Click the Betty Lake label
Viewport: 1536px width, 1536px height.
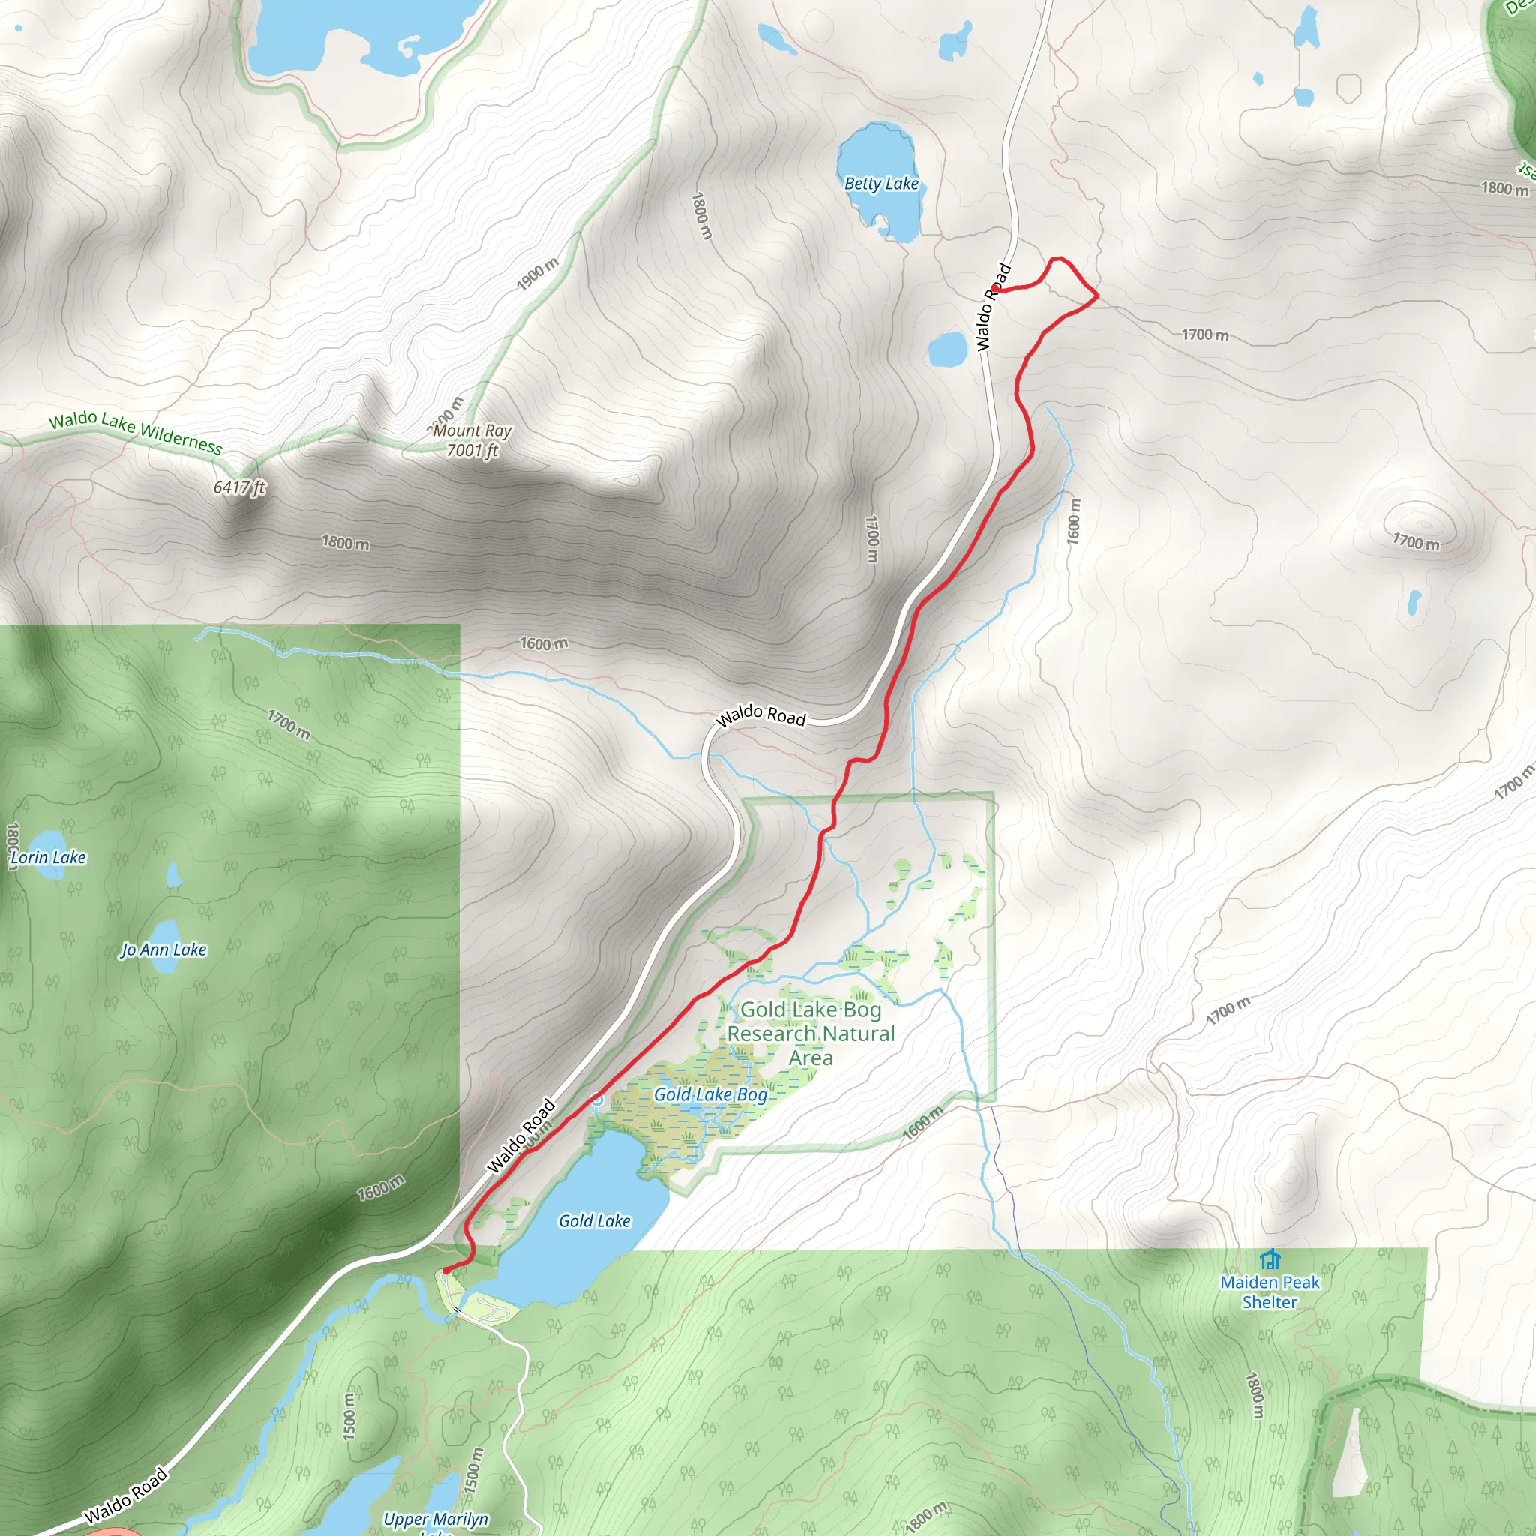881,184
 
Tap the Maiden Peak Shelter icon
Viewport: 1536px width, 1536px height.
1270,1259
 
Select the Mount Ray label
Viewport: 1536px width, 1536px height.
472,430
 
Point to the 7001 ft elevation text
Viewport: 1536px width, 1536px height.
472,451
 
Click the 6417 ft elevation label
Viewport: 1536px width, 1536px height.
239,487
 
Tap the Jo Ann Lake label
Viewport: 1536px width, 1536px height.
163,949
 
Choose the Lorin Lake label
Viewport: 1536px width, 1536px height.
49,857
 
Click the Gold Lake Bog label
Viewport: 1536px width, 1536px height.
710,1095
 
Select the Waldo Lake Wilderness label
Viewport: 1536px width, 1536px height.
135,431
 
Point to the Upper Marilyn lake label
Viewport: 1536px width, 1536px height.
436,1519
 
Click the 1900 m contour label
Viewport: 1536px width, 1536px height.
538,274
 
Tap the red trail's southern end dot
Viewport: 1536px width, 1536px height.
446,1270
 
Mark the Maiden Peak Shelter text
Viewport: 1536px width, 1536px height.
1270,1292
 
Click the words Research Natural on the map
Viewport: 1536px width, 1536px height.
811,1033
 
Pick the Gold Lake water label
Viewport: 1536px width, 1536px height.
594,1220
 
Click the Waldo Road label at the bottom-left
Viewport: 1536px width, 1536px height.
125,1495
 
